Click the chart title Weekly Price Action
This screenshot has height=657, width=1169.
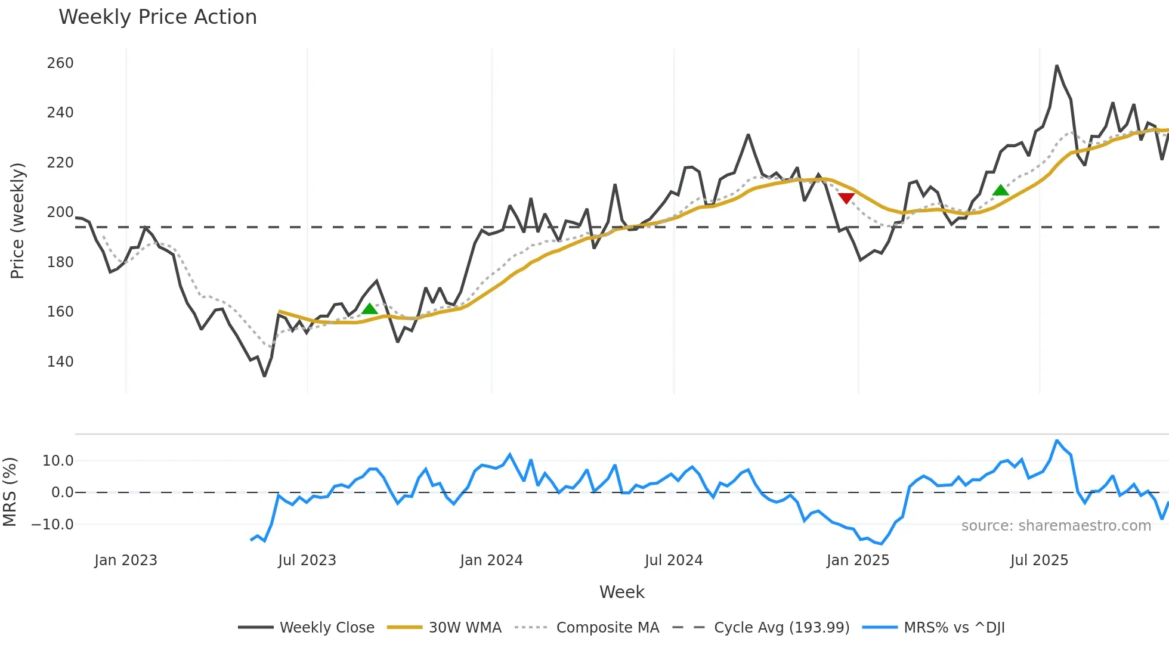(157, 17)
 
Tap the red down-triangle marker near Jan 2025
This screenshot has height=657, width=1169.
(846, 198)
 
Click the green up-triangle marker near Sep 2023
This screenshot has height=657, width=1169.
(370, 309)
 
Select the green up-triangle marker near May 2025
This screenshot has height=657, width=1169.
(1000, 190)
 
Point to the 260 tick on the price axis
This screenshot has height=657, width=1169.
(60, 63)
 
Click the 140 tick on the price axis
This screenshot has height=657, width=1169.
(60, 362)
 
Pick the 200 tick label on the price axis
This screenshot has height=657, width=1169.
(60, 212)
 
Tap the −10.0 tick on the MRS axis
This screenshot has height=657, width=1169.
(52, 525)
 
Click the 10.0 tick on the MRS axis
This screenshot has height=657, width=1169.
(58, 461)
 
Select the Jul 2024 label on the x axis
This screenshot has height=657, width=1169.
(673, 560)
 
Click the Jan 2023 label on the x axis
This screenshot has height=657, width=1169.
(126, 560)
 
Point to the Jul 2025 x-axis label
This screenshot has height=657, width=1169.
(1039, 560)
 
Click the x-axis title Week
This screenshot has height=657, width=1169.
(621, 592)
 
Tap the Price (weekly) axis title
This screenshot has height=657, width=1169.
(17, 221)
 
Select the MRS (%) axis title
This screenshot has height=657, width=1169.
(10, 492)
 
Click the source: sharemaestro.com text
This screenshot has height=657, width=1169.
(1056, 526)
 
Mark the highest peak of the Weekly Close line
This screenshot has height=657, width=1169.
(1056, 66)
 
